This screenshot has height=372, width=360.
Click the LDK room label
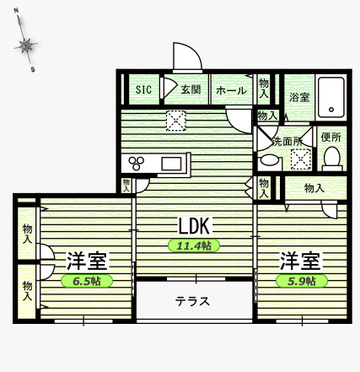point(197,225)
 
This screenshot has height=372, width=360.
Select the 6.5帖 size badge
point(85,280)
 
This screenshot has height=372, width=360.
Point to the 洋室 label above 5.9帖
point(300,260)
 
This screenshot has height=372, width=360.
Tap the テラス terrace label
point(192,301)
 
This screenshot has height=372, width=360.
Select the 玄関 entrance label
point(189,90)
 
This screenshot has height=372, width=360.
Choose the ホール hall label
point(231,90)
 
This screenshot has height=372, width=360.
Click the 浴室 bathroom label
point(299,98)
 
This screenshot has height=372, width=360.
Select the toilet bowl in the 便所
point(331,158)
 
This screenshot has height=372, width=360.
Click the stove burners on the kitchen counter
point(135,163)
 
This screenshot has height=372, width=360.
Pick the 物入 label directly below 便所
point(314,188)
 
